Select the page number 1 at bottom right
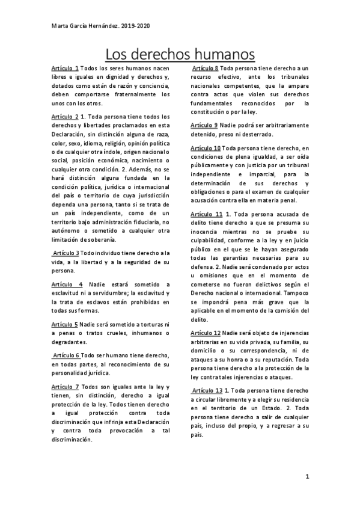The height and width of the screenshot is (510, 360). [x=307, y=478]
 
